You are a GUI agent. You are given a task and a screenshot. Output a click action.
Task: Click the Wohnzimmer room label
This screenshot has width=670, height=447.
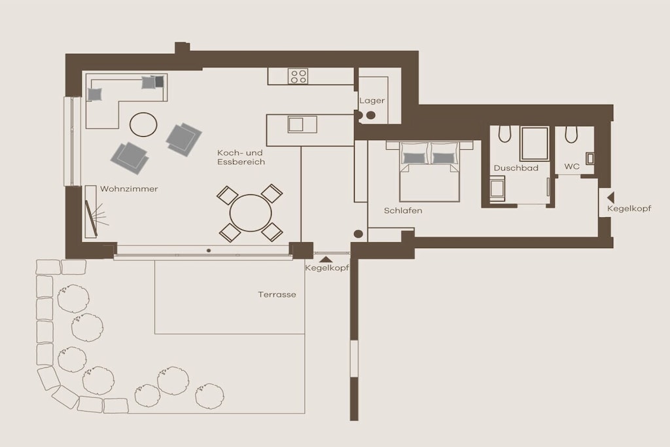(x=129, y=189)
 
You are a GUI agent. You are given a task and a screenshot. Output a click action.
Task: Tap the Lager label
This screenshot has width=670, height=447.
(x=372, y=101)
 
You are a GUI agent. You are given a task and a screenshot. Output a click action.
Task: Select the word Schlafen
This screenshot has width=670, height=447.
(x=403, y=211)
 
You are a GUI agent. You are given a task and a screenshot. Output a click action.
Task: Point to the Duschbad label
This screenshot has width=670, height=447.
(x=516, y=168)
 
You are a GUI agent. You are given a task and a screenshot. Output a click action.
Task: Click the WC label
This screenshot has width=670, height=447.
(x=572, y=166)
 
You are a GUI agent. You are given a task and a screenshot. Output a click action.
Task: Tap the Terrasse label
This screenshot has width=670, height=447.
(x=277, y=295)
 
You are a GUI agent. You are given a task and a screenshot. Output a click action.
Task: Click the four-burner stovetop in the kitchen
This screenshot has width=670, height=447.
(x=298, y=77)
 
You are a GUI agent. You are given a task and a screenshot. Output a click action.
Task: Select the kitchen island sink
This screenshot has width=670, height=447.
(x=302, y=124)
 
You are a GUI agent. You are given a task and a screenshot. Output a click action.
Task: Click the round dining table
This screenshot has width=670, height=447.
(x=251, y=213)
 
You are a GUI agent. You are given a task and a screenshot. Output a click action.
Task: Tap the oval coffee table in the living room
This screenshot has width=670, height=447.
(x=143, y=124)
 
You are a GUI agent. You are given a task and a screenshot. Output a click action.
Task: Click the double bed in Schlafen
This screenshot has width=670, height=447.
(x=429, y=171)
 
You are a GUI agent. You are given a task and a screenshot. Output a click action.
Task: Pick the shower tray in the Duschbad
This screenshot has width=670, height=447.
(x=535, y=143)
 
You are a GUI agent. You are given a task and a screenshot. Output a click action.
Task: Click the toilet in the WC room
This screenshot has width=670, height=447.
(x=571, y=134)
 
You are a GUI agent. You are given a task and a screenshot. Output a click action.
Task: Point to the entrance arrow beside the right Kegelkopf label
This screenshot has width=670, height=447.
(x=610, y=198)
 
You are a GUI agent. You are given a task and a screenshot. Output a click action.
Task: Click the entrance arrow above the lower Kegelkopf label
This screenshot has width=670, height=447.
(x=326, y=259)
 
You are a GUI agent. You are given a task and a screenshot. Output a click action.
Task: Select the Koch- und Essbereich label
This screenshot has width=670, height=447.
(x=241, y=157)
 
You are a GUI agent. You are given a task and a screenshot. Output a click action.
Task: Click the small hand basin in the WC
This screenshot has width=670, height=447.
(x=590, y=158)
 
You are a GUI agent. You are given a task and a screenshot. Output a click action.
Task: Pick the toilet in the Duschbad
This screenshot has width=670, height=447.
(x=504, y=134)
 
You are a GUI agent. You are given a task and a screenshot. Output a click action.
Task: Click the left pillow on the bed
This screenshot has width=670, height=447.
(x=414, y=158)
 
